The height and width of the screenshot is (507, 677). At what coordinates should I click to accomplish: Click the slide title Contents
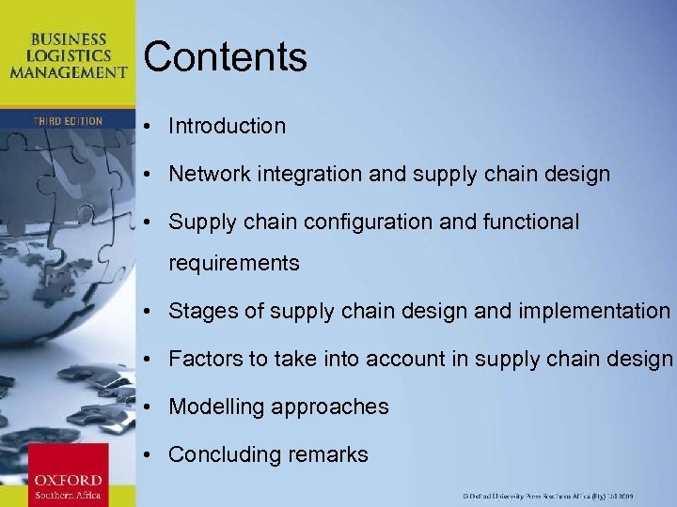(225, 56)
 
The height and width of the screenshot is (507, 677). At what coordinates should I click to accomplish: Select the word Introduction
(227, 126)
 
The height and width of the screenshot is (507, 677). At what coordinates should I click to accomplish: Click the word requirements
(233, 264)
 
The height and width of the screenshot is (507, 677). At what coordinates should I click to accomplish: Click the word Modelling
(216, 407)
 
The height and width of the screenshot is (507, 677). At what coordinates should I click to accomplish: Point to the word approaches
(330, 407)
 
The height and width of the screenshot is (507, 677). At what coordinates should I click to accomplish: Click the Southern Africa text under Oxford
(67, 496)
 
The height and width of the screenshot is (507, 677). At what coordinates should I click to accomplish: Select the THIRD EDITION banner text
(67, 121)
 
